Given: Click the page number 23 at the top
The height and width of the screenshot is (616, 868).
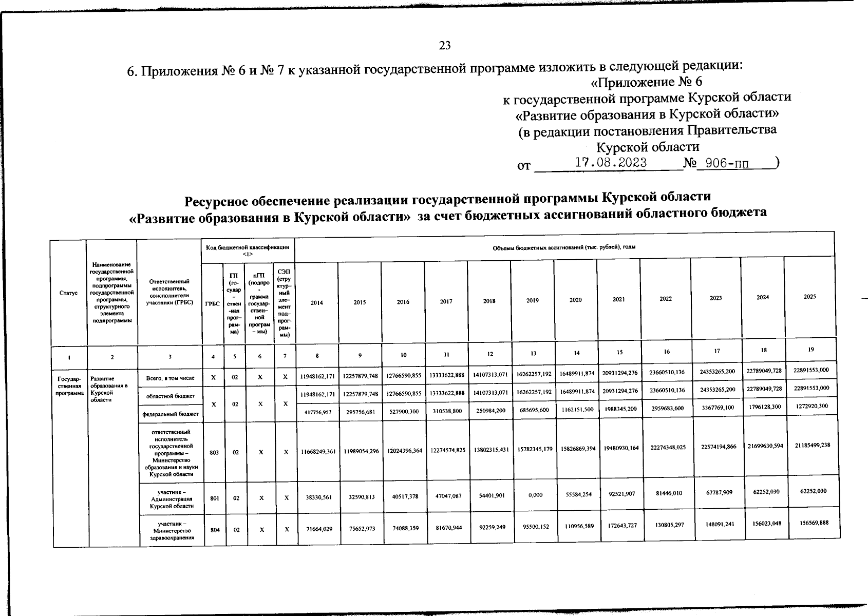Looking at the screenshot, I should tap(445, 46).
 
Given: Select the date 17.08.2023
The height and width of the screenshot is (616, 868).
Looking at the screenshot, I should tap(610, 163).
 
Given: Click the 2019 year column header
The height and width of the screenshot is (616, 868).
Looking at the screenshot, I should tap(533, 301).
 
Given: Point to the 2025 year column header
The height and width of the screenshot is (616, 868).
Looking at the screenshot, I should tap(810, 297).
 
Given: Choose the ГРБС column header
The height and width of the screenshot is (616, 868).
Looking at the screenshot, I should tap(212, 304).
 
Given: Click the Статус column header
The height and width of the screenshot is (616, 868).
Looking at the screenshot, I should tap(68, 293).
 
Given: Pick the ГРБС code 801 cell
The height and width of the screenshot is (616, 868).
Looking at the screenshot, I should tap(215, 497).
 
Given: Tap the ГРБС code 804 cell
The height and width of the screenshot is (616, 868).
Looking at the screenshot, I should tap(215, 529).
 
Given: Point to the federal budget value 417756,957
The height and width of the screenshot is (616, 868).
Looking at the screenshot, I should tap(317, 412).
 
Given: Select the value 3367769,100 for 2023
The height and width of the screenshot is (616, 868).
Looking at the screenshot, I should tap(717, 408).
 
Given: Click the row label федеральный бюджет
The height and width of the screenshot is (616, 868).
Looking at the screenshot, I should tap(170, 413).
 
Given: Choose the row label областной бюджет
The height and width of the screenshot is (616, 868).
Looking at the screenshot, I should tap(170, 396).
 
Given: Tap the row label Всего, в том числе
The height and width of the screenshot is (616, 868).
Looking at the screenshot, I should tap(170, 378).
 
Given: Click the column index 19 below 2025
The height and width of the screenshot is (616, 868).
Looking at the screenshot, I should tap(811, 350).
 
